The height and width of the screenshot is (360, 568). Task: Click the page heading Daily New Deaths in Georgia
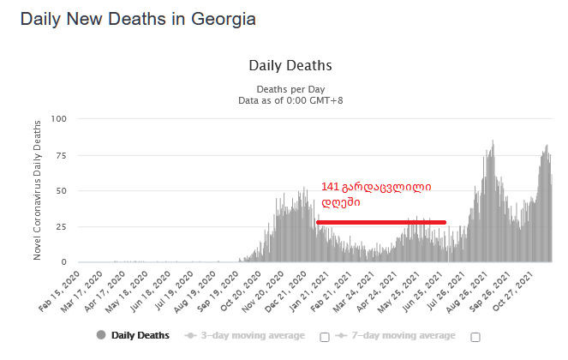coord(137,18)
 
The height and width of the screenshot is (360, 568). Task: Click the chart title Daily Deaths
coord(290,65)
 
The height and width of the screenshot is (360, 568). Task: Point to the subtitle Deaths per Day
coord(290,89)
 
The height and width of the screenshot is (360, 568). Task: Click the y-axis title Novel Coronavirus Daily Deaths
coord(38,189)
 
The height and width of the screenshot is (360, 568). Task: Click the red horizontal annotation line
coord(380,223)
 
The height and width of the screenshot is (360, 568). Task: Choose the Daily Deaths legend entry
coord(133,335)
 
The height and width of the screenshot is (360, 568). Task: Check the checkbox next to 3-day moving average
coord(325,337)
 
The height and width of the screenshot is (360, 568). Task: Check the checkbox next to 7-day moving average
coord(475,337)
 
